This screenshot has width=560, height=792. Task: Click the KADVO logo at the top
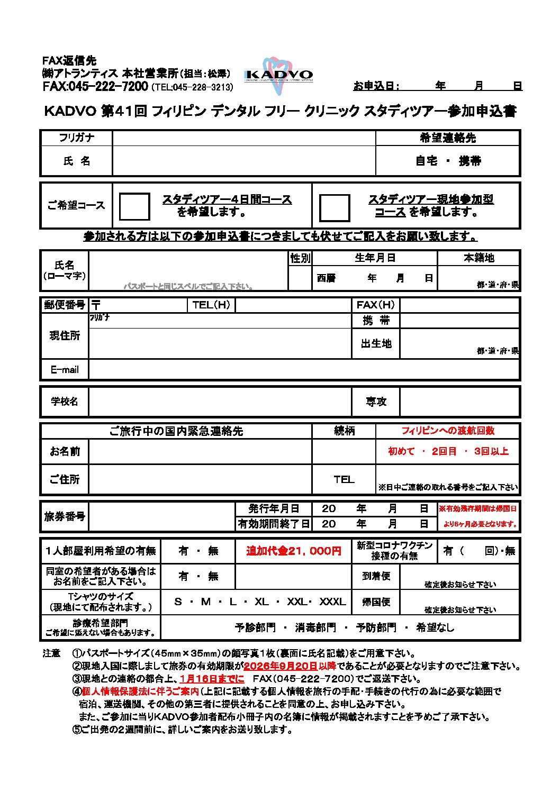pyautogui.click(x=278, y=75)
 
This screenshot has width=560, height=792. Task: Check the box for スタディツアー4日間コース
pyautogui.click(x=134, y=206)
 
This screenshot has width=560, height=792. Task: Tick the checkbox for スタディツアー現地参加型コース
pyautogui.click(x=334, y=207)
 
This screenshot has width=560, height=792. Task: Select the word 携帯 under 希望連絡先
pyautogui.click(x=469, y=161)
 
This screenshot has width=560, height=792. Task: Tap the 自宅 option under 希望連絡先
pyautogui.click(x=426, y=161)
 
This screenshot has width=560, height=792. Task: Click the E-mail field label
pyautogui.click(x=65, y=370)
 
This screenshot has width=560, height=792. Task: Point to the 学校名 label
pyautogui.click(x=65, y=402)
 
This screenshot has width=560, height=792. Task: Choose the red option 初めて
pyautogui.click(x=401, y=451)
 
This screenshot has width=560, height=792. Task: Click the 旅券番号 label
pyautogui.click(x=65, y=516)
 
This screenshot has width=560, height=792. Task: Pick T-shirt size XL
pyautogui.click(x=261, y=602)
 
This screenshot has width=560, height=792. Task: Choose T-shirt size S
pyautogui.click(x=178, y=602)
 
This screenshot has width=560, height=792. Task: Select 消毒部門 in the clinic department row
pyautogui.click(x=315, y=627)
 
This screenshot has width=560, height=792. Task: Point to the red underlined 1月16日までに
pyautogui.click(x=212, y=679)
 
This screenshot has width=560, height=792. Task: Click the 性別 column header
pyautogui.click(x=300, y=258)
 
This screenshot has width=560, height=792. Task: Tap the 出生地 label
pyautogui.click(x=376, y=344)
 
